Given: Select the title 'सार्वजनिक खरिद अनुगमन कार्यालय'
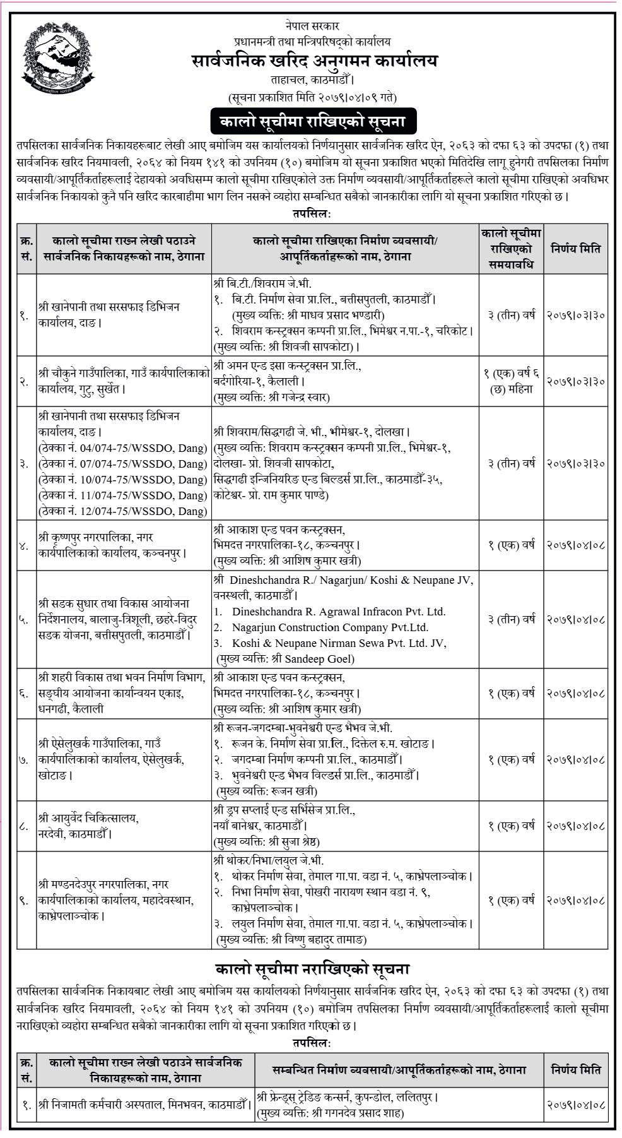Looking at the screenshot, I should [315, 61].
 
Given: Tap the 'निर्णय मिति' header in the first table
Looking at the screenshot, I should [576, 248].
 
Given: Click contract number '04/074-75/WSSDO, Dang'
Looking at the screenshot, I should [122, 448].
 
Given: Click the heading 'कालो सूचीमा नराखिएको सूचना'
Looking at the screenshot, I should [312, 968].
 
